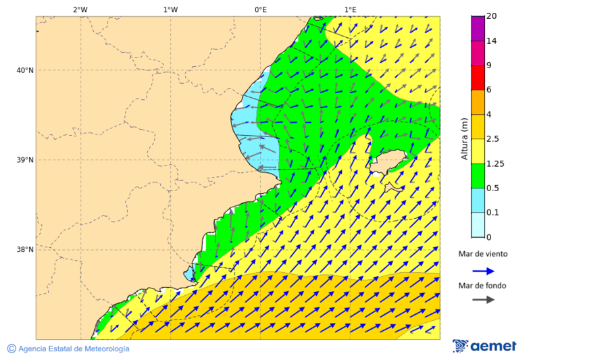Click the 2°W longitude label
coord(80,9)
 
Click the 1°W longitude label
coord(170,9)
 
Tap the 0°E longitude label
coord(260,9)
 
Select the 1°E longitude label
coord(350,9)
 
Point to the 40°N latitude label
coord(24,70)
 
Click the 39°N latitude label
coord(24,160)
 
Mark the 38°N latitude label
coord(24,249)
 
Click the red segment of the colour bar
coord(478,77)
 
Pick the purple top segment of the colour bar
coord(478,28)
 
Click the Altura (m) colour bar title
coord(464,138)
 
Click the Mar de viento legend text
coord(483,254)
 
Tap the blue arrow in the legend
coord(483,270)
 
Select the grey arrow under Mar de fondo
coord(483,299)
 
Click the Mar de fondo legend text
coord(483,285)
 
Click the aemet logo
coord(484,346)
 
